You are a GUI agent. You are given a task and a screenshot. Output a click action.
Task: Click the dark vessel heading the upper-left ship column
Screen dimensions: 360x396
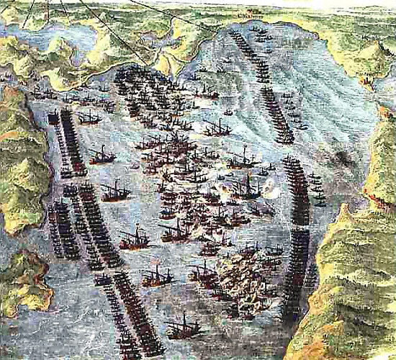54,119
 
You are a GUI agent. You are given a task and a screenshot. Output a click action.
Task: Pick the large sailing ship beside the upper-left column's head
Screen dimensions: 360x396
89,117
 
